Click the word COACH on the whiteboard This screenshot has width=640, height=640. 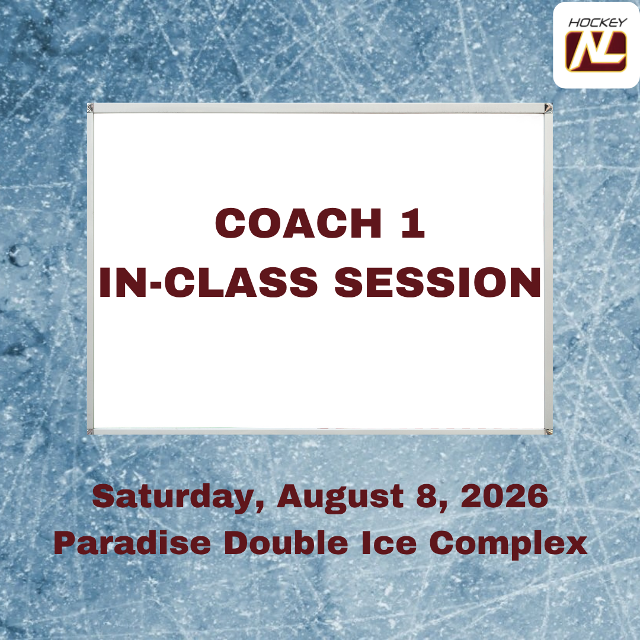click(298, 223)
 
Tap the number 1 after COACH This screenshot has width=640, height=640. click(413, 223)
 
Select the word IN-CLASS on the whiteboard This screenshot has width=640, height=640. click(208, 283)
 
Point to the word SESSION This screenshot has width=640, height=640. click(438, 283)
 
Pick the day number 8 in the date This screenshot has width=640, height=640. click(431, 497)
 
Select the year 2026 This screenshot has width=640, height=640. click(504, 496)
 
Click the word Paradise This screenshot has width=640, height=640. click(132, 543)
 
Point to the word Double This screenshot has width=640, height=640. click(286, 543)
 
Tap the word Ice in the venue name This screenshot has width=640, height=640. click(389, 543)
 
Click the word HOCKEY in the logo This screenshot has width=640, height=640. click(597, 23)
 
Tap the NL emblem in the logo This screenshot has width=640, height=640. click(596, 52)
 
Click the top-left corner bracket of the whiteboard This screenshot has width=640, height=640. click(91, 108)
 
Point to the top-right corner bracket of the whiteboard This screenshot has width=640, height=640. click(548, 108)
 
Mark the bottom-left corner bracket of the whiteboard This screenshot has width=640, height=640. click(91, 431)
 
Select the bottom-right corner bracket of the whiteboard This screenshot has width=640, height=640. click(549, 431)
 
